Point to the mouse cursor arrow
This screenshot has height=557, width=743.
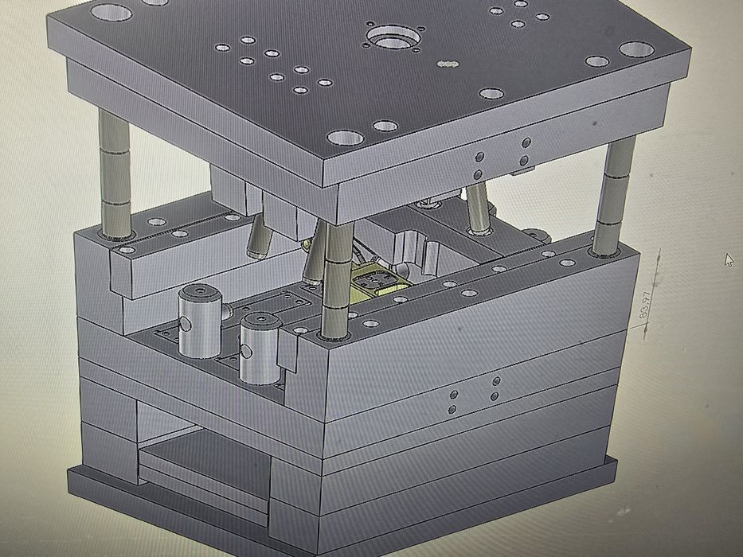coord(729,259)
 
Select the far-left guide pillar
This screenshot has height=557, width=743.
coord(115,175)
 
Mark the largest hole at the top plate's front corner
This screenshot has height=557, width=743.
coord(344,138)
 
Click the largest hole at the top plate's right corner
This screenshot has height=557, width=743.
coord(636,49)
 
